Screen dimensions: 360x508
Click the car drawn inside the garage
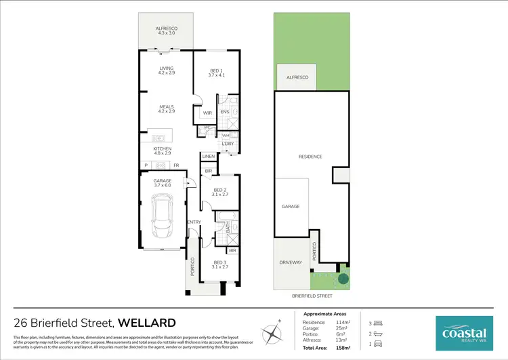point(163,216)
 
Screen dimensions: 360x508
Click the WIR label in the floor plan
point(207,113)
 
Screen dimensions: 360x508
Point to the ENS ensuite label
point(225,113)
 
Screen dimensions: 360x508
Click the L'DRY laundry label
point(228,144)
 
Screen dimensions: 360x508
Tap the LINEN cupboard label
point(209,157)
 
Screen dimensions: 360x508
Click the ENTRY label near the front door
point(194,222)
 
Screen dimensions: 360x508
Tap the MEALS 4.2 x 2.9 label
point(167,108)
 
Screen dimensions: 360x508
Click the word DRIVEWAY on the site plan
point(290,262)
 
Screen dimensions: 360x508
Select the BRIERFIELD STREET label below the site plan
point(312,296)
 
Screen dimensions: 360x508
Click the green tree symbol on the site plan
point(344,277)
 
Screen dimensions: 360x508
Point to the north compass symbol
point(274,333)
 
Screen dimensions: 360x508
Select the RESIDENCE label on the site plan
point(310,157)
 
